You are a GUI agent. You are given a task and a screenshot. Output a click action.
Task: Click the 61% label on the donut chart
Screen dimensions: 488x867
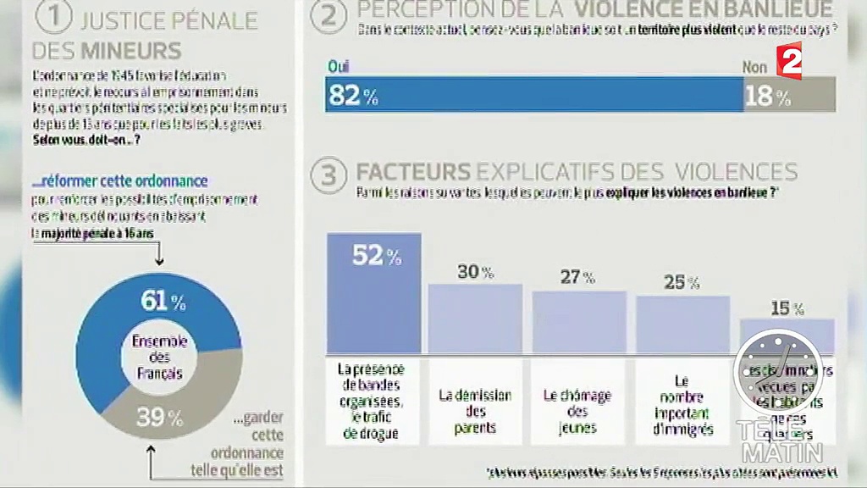point(161,301)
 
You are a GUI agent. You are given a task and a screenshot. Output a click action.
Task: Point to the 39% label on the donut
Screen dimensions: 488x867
point(160,417)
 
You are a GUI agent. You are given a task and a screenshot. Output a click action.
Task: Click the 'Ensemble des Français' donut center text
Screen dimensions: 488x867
point(159,358)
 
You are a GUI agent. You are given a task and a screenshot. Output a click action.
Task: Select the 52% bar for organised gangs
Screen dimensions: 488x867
point(373,293)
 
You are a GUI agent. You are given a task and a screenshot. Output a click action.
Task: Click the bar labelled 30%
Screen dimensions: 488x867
point(475,318)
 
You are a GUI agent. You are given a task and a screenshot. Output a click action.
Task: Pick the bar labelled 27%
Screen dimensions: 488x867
point(578,321)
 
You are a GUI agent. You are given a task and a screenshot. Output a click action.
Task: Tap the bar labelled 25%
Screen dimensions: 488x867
point(682,324)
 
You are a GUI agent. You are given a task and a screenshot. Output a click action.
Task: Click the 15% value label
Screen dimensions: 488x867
point(787,308)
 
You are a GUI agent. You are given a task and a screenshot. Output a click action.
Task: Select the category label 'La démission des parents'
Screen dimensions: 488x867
point(475,411)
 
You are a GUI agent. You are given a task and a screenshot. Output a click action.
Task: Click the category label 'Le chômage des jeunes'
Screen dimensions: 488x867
point(578,411)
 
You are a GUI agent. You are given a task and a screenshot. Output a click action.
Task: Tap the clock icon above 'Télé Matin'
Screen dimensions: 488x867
point(777,373)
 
